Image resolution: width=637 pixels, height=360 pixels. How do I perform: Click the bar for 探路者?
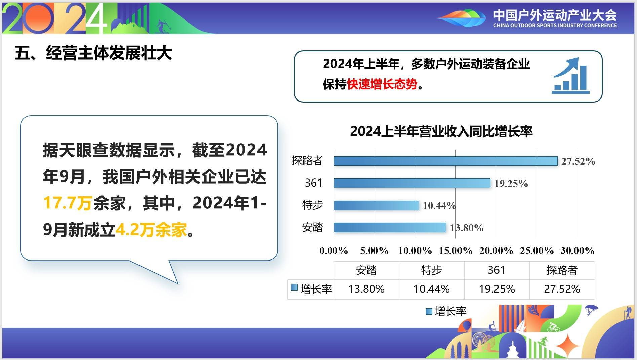pyautogui.click(x=446, y=161)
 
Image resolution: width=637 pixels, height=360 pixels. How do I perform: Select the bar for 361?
pyautogui.click(x=412, y=183)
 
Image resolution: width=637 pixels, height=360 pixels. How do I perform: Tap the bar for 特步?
pyautogui.click(x=376, y=205)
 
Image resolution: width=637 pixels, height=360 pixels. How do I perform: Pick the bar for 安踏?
pyautogui.click(x=390, y=228)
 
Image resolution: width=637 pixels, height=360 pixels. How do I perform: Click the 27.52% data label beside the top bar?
pyautogui.click(x=578, y=161)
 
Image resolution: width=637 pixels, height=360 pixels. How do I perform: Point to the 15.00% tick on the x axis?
pyautogui.click(x=455, y=251)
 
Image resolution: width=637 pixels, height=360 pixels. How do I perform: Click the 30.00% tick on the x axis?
pyautogui.click(x=578, y=251)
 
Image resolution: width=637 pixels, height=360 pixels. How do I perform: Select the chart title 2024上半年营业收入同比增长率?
pyautogui.click(x=441, y=131)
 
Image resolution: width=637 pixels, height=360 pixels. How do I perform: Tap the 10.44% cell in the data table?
pyautogui.click(x=432, y=289)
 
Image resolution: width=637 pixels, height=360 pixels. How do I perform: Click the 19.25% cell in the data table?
pyautogui.click(x=497, y=289)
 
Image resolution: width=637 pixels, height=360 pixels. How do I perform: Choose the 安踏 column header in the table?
pyautogui.click(x=366, y=270)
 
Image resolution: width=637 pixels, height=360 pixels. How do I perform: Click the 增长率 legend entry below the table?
pyautogui.click(x=446, y=311)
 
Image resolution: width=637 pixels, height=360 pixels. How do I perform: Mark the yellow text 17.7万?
pyautogui.click(x=68, y=203)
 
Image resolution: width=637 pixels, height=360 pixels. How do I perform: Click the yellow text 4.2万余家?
pyautogui.click(x=151, y=230)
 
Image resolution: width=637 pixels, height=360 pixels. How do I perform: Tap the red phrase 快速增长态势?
pyautogui.click(x=382, y=84)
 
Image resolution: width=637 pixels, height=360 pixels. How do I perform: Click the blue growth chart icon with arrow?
pyautogui.click(x=570, y=76)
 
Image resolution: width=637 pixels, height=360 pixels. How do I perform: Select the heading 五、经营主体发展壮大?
pyautogui.click(x=93, y=53)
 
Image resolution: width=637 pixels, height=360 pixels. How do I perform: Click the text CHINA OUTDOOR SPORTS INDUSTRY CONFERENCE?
pyautogui.click(x=555, y=25)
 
